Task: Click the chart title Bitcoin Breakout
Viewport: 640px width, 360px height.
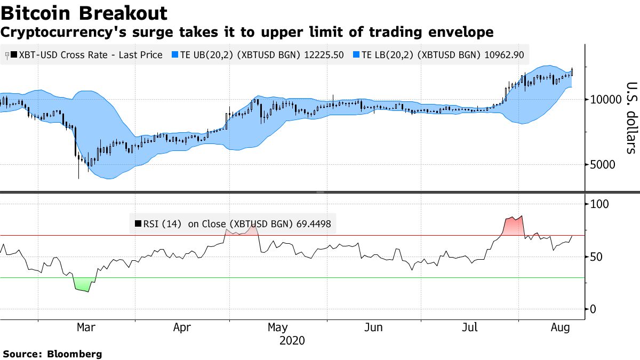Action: [x=84, y=13]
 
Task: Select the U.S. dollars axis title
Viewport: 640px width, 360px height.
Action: [x=631, y=118]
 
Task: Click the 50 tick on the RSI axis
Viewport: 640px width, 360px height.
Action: [x=597, y=257]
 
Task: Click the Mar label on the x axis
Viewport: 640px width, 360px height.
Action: [x=86, y=327]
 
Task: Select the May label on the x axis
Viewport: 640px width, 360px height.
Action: [x=277, y=327]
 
